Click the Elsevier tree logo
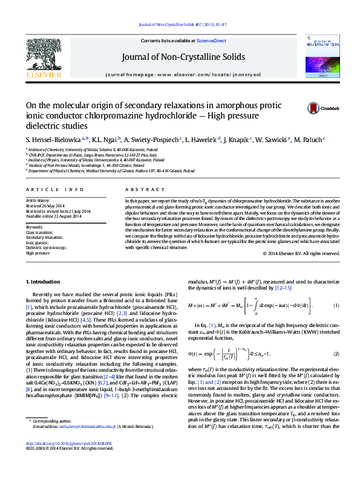pos(44,55)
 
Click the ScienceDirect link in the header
pos(212,41)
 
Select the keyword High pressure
pos(38,236)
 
